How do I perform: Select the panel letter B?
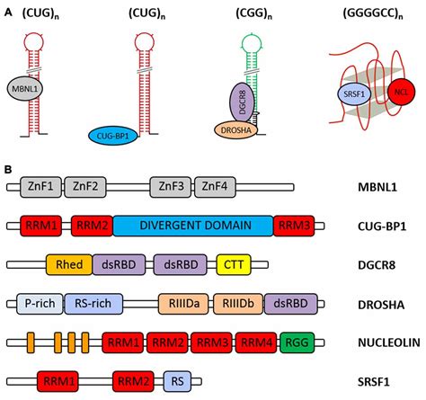tap(9, 167)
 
